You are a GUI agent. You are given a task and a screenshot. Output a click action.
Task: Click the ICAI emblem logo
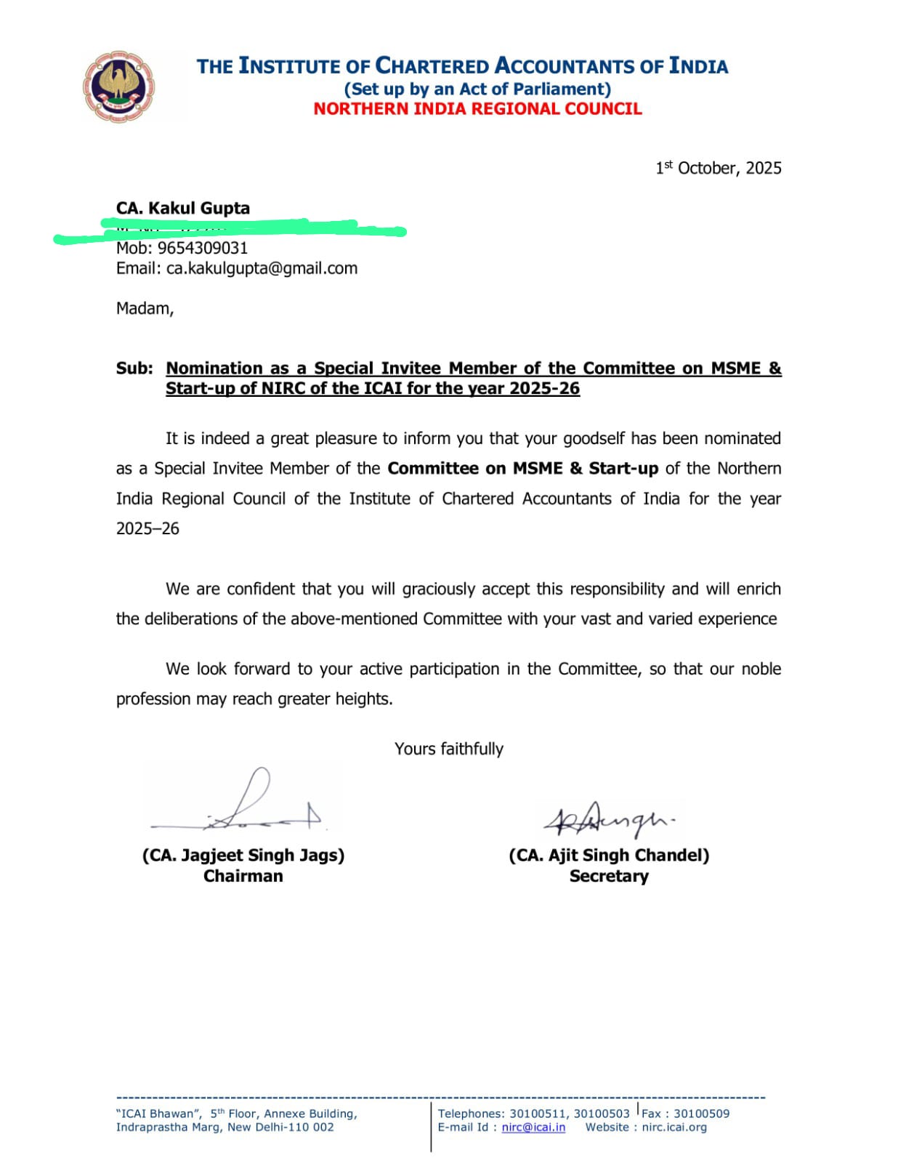pyautogui.click(x=118, y=86)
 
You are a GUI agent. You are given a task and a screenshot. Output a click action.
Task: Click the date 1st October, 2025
pyautogui.click(x=718, y=168)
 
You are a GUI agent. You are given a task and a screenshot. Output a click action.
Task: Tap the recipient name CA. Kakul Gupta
pyautogui.click(x=183, y=209)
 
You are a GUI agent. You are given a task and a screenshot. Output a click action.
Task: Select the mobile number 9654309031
pyautogui.click(x=203, y=248)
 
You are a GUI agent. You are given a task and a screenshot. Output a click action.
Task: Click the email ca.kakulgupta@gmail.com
pyautogui.click(x=262, y=268)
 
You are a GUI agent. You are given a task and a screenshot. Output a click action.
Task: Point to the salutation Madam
pyautogui.click(x=145, y=308)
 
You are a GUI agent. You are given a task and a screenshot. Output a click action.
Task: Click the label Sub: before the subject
pyautogui.click(x=134, y=369)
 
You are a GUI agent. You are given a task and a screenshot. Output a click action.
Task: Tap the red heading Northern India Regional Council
pyautogui.click(x=477, y=109)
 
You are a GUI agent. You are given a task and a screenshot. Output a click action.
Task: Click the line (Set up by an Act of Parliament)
pyautogui.click(x=477, y=89)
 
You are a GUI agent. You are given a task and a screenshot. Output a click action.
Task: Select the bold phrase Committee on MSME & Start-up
pyautogui.click(x=522, y=468)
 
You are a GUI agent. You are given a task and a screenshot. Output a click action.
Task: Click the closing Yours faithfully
pyautogui.click(x=448, y=749)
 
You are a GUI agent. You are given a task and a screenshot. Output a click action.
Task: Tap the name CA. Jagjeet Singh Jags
pyautogui.click(x=243, y=855)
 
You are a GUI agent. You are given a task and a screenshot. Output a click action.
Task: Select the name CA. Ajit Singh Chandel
pyautogui.click(x=609, y=855)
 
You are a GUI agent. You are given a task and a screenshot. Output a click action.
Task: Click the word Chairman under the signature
pyautogui.click(x=243, y=876)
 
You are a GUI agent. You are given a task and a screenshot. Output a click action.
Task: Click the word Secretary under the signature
pyautogui.click(x=609, y=876)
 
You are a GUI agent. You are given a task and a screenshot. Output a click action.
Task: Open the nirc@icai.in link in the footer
pyautogui.click(x=533, y=1127)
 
